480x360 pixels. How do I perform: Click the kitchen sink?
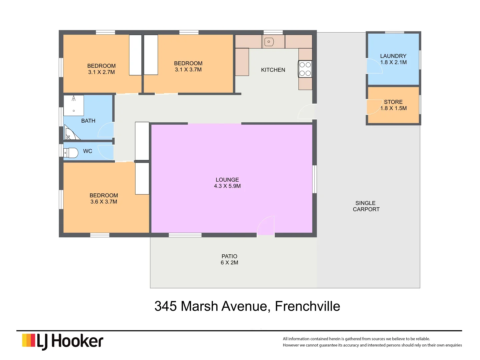[x=269, y=42]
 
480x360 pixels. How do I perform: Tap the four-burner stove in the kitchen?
[x=305, y=69]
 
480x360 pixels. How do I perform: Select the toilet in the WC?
[x=71, y=153]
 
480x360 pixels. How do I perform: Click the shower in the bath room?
[x=74, y=105]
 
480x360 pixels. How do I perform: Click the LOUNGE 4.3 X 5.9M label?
[x=227, y=183]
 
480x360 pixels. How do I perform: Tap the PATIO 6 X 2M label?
[x=229, y=259]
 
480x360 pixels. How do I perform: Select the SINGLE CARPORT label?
[x=366, y=206]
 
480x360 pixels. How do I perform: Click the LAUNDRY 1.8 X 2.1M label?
[x=393, y=59]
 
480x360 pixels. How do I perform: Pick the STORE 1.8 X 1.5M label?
[x=393, y=105]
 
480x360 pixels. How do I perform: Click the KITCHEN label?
[x=273, y=70]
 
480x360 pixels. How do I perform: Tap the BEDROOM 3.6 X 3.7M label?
[x=104, y=198]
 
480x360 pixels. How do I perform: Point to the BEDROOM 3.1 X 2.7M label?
[x=101, y=69]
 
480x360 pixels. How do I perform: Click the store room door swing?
[x=373, y=107]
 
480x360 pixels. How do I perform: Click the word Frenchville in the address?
[x=307, y=306]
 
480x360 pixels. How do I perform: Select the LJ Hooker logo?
[x=63, y=341]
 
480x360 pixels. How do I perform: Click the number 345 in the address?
[x=165, y=306]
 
